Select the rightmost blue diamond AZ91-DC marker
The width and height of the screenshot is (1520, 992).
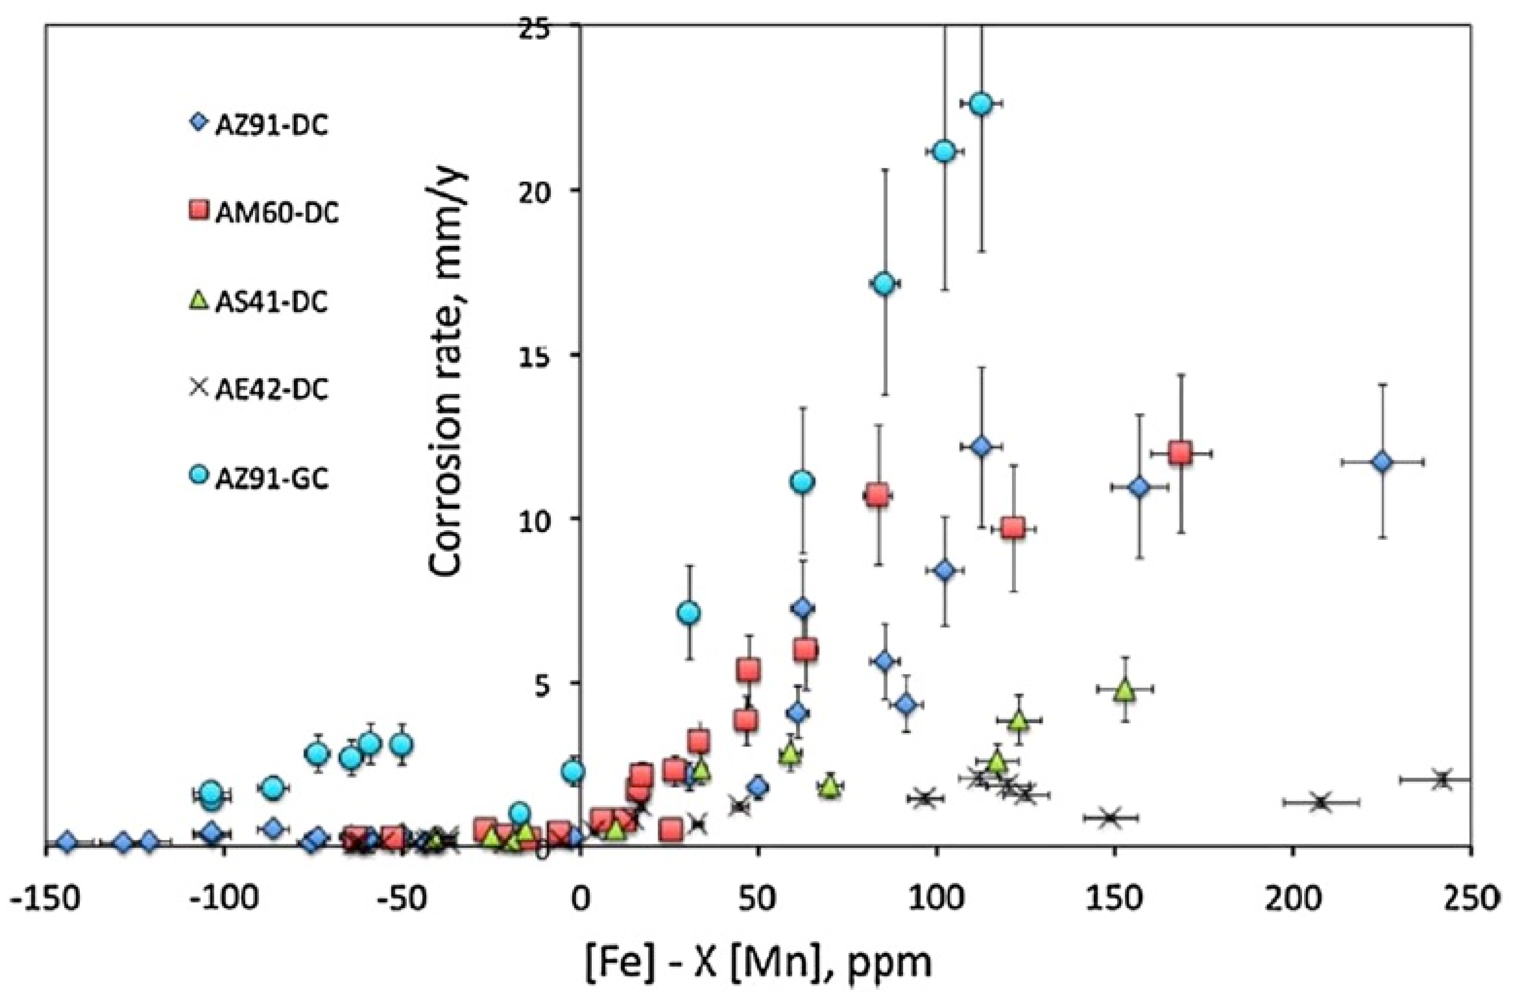coord(1382,461)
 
